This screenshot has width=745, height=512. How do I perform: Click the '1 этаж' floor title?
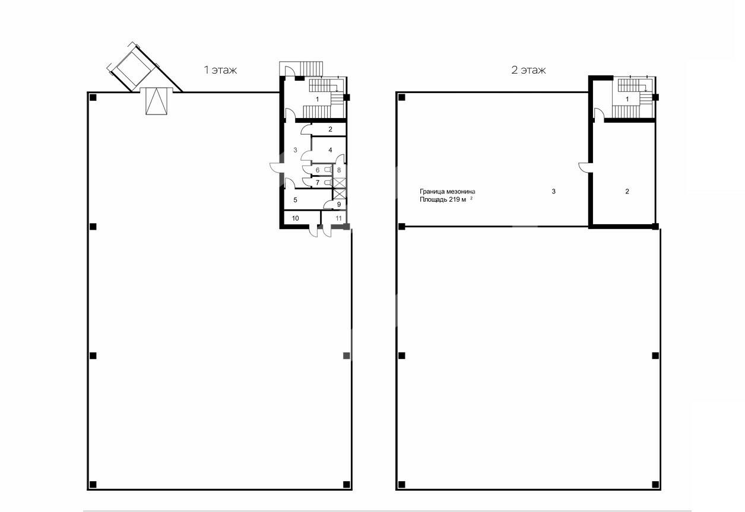pyautogui.click(x=220, y=70)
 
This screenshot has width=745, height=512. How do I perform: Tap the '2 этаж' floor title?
pyautogui.click(x=528, y=70)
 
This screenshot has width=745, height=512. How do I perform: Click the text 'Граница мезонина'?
pyautogui.click(x=448, y=192)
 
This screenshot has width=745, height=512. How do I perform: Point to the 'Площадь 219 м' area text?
pyautogui.click(x=443, y=199)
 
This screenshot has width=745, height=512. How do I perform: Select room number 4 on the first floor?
pyautogui.click(x=330, y=150)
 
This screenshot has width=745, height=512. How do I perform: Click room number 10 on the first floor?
pyautogui.click(x=296, y=218)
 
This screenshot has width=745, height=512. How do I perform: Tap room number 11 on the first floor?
pyautogui.click(x=338, y=218)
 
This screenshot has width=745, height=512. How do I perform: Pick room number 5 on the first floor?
pyautogui.click(x=296, y=200)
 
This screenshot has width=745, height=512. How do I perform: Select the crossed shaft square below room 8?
pyautogui.click(x=340, y=182)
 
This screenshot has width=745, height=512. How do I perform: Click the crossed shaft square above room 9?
pyautogui.click(x=340, y=193)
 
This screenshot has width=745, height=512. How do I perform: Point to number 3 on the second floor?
pyautogui.click(x=553, y=191)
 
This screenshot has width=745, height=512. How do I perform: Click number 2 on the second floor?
pyautogui.click(x=627, y=191)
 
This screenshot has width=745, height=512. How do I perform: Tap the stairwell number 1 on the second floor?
pyautogui.click(x=627, y=99)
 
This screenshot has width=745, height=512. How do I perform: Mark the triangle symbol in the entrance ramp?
pyautogui.click(x=156, y=101)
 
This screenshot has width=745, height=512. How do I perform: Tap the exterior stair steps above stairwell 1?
pyautogui.click(x=312, y=68)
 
